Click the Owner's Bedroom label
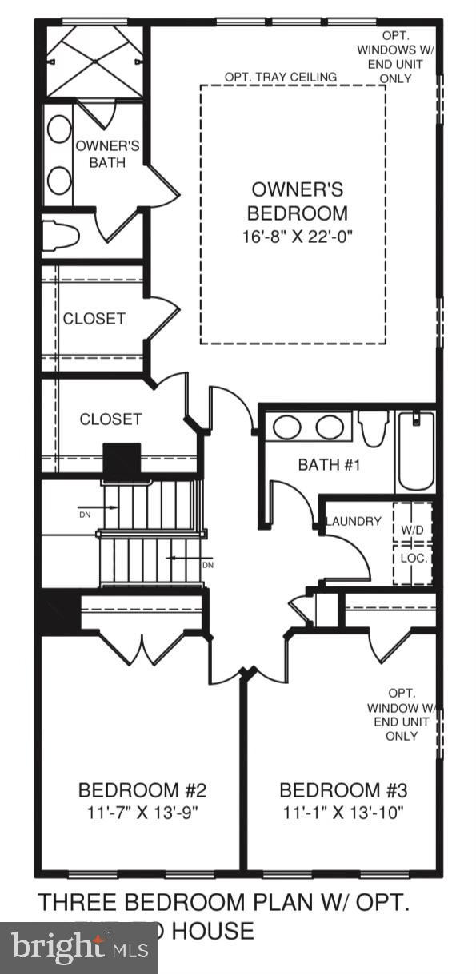tap(297, 201)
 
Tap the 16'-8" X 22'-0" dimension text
tap(297, 237)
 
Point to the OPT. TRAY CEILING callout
tap(280, 77)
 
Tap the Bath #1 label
tap(328, 464)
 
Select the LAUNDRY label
tap(353, 522)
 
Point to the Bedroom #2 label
tap(142, 790)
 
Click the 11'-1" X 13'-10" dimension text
tap(343, 813)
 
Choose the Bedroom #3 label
tap(343, 790)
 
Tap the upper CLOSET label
tap(94, 318)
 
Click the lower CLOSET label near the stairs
tap(110, 419)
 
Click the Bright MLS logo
tap(78, 948)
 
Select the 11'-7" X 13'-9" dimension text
tap(142, 813)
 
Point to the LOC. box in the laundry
tap(413, 557)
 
